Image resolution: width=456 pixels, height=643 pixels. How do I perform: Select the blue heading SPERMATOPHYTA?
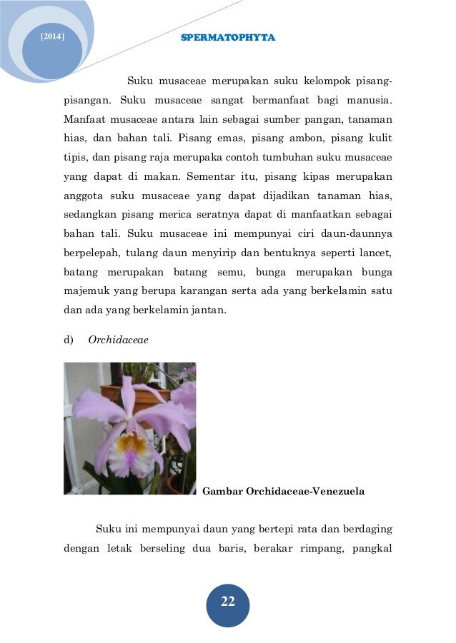click(x=227, y=37)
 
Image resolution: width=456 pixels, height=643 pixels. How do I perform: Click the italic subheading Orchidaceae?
click(x=118, y=340)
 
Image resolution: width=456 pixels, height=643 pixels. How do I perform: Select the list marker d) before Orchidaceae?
click(x=69, y=340)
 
